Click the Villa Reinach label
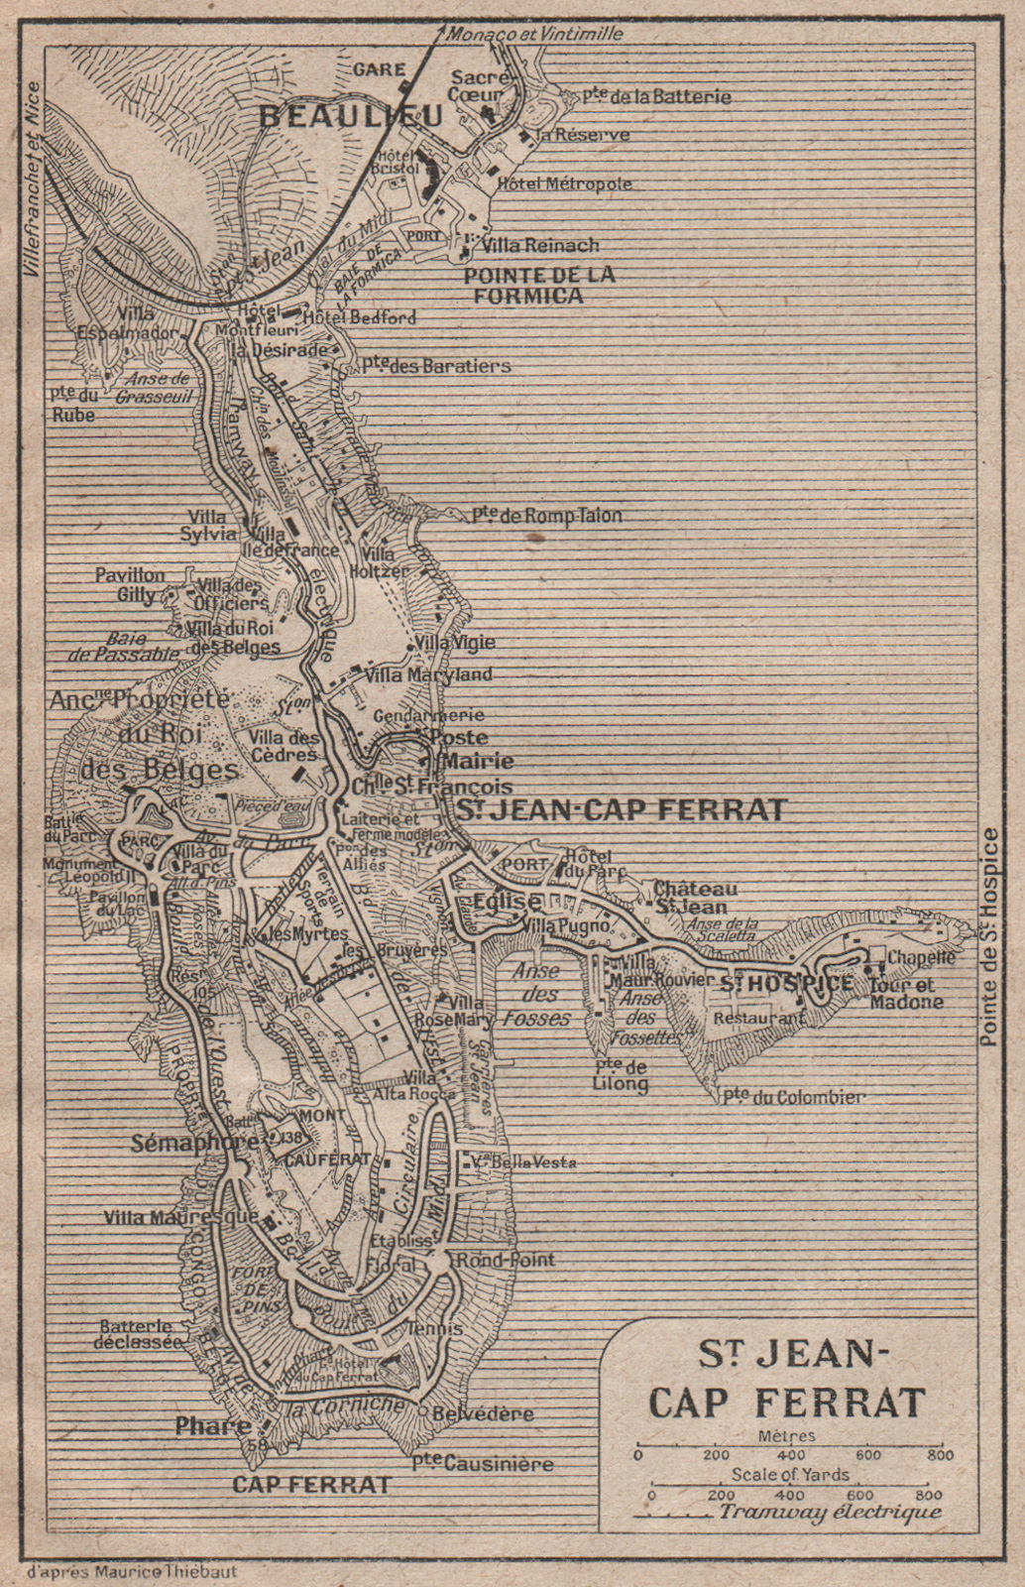(x=540, y=245)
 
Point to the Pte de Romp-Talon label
(x=546, y=516)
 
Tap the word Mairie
(x=480, y=762)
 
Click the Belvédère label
(x=487, y=1413)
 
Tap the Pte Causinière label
(x=484, y=1462)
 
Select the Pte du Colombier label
(x=793, y=1097)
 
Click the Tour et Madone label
(x=906, y=993)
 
